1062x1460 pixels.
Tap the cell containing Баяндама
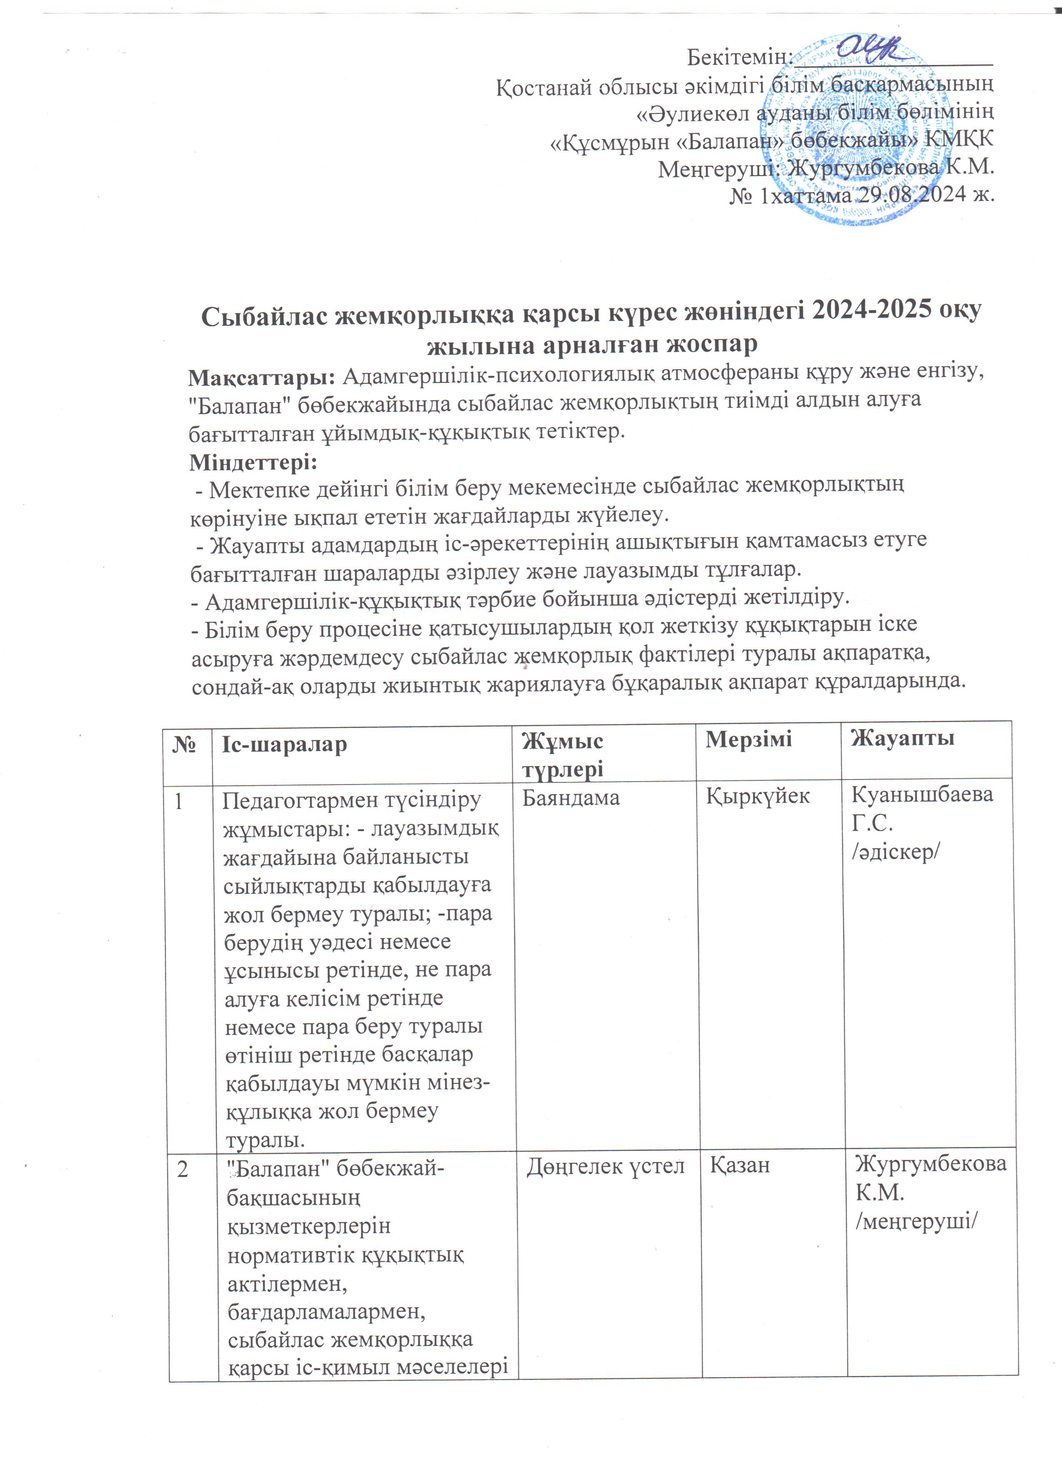pos(570,798)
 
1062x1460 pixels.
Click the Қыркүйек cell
pos(758,797)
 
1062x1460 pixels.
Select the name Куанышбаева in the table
pos(922,795)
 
